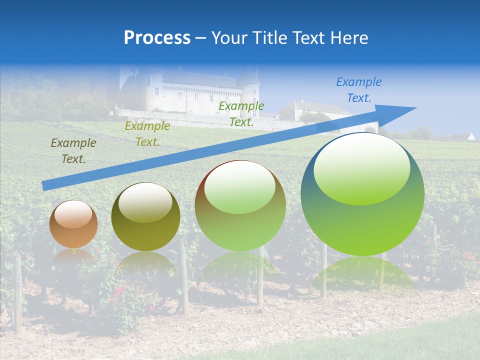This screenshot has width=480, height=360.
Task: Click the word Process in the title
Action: [x=157, y=38]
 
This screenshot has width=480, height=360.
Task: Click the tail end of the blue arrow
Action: [x=44, y=186]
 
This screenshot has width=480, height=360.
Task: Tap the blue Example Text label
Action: [x=358, y=90]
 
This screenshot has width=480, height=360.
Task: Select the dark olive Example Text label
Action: [x=73, y=151]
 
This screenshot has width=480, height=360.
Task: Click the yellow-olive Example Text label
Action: [x=147, y=134]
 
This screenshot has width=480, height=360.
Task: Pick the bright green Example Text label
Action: [x=241, y=114]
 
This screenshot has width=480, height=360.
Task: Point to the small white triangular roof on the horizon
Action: [x=471, y=136]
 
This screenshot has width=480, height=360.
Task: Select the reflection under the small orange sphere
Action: [x=73, y=257]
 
